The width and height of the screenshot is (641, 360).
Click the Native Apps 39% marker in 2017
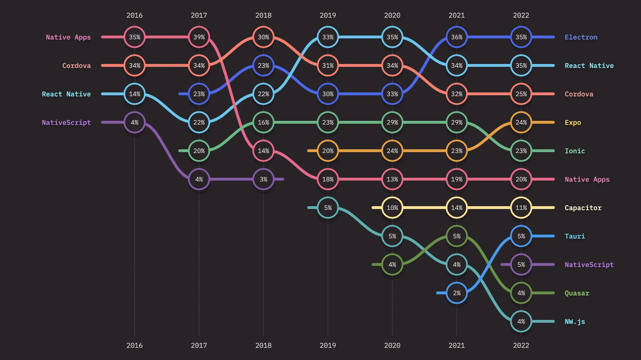199,37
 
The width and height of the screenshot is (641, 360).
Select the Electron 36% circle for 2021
457,37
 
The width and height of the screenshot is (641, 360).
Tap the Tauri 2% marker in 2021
457,293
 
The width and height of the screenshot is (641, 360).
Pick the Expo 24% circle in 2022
521,122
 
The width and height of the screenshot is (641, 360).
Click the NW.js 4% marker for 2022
521,321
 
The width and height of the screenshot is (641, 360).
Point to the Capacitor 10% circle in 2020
392,208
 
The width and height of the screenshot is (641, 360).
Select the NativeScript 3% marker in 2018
263,179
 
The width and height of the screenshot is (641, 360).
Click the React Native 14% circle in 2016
135,94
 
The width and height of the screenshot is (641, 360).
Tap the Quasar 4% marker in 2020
392,264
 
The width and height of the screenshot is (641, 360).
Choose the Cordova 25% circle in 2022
521,94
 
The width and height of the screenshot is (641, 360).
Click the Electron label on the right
581,37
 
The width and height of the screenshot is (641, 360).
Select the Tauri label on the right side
575,236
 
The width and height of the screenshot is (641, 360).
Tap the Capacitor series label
583,208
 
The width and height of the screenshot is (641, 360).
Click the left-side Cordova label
76,65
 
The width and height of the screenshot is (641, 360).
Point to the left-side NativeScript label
66,122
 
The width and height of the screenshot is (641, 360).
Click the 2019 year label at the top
328,15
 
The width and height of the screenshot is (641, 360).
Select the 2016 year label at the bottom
135,345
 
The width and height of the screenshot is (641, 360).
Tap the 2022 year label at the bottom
521,345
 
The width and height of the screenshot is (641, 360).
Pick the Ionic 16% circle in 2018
263,122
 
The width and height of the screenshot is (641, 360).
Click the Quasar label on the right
577,293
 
